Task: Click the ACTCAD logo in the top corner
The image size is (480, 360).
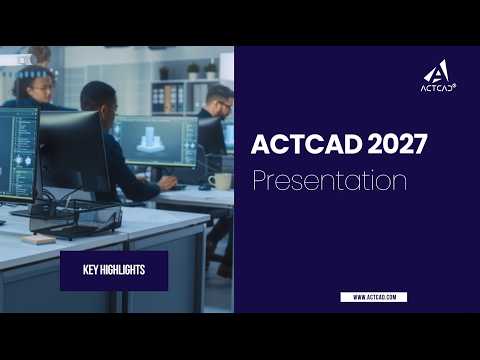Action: point(437,77)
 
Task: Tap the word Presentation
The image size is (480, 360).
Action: point(329,181)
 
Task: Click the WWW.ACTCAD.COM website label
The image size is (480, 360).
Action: point(373,297)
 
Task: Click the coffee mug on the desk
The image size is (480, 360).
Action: point(220,181)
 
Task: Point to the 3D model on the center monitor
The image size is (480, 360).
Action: point(151,139)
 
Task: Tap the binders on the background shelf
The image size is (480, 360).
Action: point(172,98)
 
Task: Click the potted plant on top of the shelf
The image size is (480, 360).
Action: point(192,70)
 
